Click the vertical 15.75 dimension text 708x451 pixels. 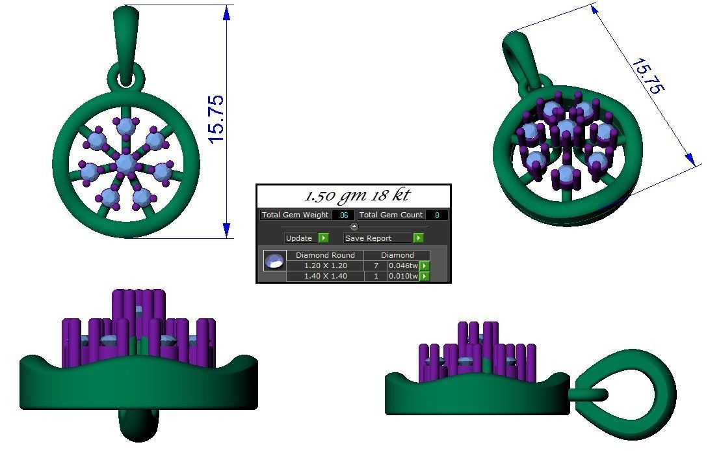pyautogui.click(x=216, y=120)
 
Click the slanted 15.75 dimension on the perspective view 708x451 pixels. pyautogui.click(x=647, y=77)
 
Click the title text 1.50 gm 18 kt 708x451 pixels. pyautogui.click(x=357, y=196)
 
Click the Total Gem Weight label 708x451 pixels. pyautogui.click(x=295, y=215)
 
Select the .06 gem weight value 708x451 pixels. pyautogui.click(x=343, y=215)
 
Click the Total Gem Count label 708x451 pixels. pyautogui.click(x=391, y=215)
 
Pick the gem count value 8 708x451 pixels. pyautogui.click(x=437, y=215)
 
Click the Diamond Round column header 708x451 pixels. pyautogui.click(x=325, y=255)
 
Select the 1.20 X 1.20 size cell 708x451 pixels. pyautogui.click(x=325, y=266)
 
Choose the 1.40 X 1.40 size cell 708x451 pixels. pyautogui.click(x=325, y=276)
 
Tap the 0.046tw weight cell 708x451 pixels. pyautogui.click(x=402, y=266)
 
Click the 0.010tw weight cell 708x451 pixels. pyautogui.click(x=402, y=276)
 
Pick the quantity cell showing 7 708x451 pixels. pyautogui.click(x=376, y=266)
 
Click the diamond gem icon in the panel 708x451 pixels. pyautogui.click(x=274, y=261)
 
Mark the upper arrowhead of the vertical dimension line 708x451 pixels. pyautogui.click(x=227, y=13)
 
